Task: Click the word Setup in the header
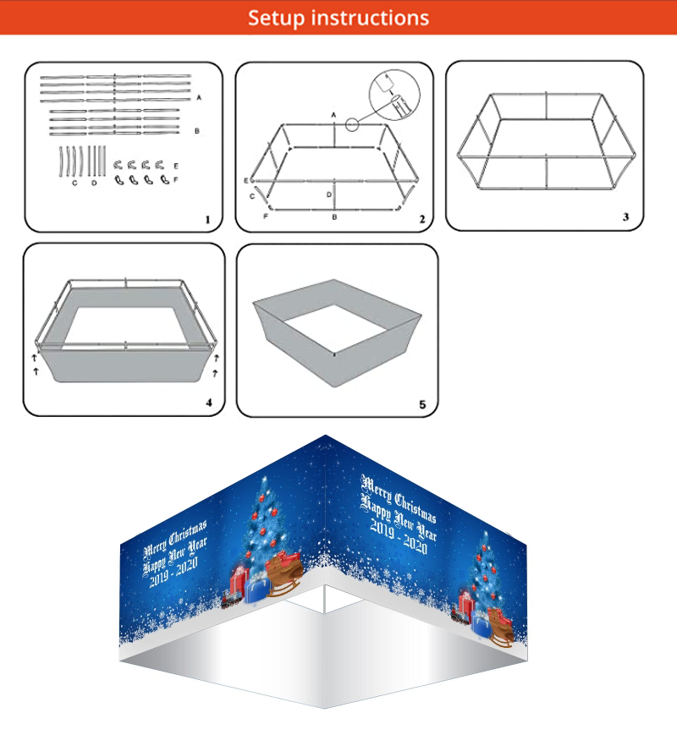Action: point(277,19)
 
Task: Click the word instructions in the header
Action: point(370,19)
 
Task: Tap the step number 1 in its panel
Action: point(207,219)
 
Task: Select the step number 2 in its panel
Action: point(422,219)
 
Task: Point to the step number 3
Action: point(625,217)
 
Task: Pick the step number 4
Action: point(209,403)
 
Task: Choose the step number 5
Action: point(422,404)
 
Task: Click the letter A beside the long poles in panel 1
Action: point(199,97)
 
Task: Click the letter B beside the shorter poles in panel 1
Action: point(197,131)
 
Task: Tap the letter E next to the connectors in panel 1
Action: point(176,166)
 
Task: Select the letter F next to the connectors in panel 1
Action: point(176,179)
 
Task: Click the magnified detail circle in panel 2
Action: point(394,96)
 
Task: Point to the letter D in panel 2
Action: point(329,195)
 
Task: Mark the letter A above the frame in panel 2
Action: point(333,115)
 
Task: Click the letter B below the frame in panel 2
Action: point(334,217)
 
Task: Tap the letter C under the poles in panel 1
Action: point(74,183)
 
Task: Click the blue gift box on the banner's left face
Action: point(257,590)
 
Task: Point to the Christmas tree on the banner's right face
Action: point(485,571)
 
